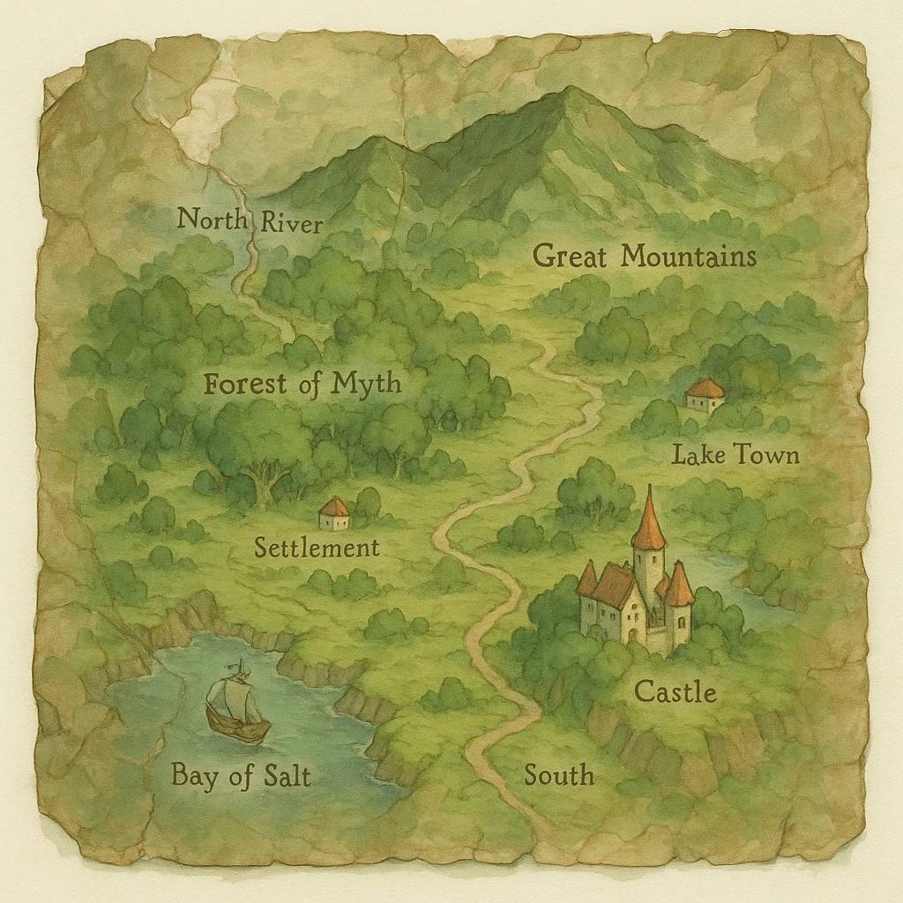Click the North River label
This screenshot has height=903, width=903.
(x=250, y=220)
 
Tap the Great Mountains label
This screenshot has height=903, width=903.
(x=645, y=257)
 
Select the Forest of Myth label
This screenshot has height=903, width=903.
(x=302, y=384)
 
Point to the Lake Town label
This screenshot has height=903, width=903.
(x=735, y=455)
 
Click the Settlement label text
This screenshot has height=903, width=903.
(x=317, y=548)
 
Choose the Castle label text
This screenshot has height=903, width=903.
(x=675, y=692)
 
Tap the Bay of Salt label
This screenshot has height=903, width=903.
(x=241, y=776)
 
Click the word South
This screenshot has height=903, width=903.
(x=559, y=776)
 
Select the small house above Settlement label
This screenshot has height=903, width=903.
(x=334, y=514)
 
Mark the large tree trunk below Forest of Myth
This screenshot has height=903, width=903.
(x=262, y=490)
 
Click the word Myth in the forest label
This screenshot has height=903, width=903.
(x=366, y=384)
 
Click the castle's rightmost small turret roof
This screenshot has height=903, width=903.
(x=678, y=585)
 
